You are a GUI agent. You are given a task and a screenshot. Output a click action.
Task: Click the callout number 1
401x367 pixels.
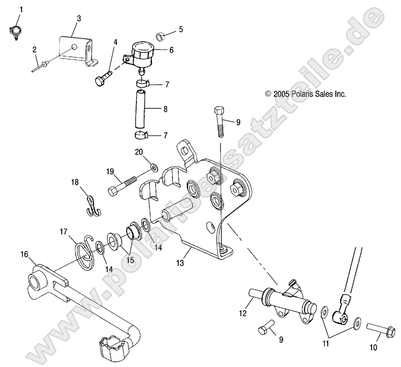[19, 9]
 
